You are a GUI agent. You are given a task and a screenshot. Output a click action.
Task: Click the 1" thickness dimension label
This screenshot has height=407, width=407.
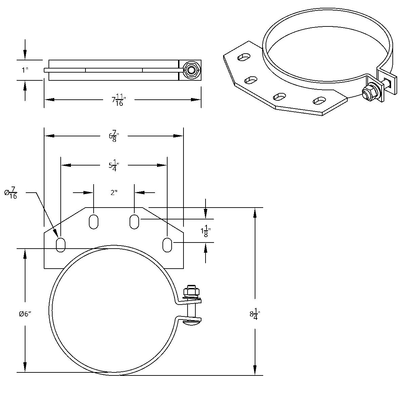[x=25, y=70]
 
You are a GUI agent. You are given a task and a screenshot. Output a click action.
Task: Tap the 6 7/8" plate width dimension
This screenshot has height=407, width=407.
[x=114, y=136]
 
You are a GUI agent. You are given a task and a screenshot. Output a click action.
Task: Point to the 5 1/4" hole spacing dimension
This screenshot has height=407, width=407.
[x=114, y=166]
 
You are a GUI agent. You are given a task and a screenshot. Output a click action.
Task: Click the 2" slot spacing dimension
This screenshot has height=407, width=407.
[x=114, y=193]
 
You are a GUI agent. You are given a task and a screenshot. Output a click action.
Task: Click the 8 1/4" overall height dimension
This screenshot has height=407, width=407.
[x=255, y=314]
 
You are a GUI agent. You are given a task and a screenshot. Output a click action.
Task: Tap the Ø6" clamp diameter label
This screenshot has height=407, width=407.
[x=25, y=314]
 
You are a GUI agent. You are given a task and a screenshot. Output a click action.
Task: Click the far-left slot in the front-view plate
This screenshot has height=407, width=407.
[x=60, y=245]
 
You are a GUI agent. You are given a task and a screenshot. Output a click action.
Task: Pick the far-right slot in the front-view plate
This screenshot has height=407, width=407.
[x=167, y=245]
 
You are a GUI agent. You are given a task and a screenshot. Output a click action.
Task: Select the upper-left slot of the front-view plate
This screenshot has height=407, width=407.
[x=93, y=221]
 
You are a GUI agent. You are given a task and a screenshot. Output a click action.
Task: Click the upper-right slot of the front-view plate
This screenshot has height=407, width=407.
[x=134, y=221]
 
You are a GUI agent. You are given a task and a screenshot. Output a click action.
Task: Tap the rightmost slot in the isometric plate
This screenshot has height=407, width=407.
[x=320, y=100]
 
